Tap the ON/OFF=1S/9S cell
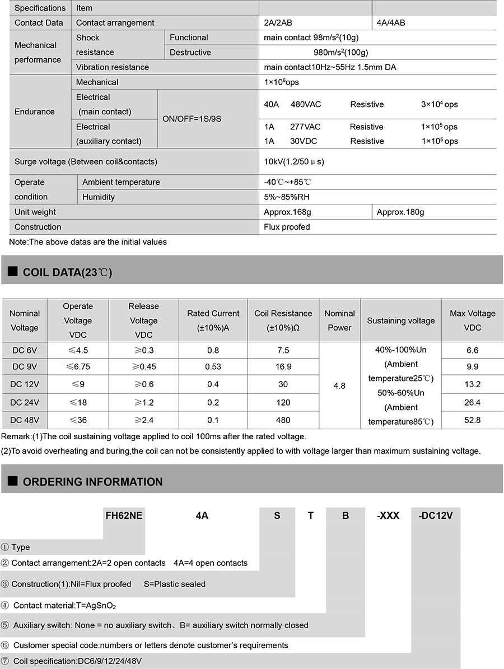point(192,119)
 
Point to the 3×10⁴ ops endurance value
point(439,105)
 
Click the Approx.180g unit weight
point(400,212)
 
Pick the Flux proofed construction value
point(287,227)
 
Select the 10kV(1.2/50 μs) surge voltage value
point(294,162)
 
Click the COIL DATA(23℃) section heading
point(67,273)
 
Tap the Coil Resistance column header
point(283,320)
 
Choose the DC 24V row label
point(25,402)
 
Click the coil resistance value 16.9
point(283,367)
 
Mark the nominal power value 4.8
point(339,385)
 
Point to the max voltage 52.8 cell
point(472,420)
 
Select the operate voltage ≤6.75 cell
point(78,367)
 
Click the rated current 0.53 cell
point(213,367)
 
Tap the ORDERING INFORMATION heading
point(92,482)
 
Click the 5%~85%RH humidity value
point(287,197)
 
